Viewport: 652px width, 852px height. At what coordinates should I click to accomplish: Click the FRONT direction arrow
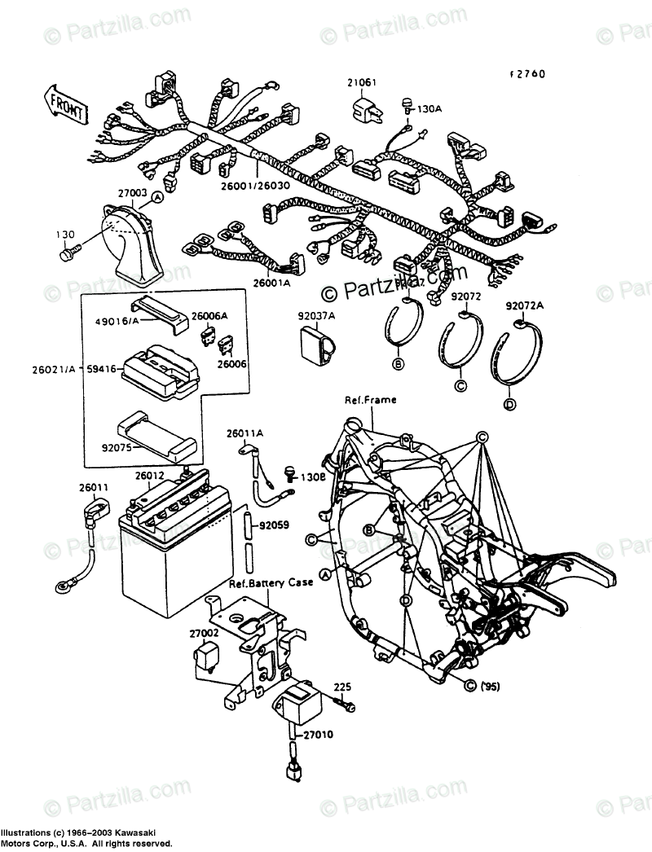click(x=63, y=101)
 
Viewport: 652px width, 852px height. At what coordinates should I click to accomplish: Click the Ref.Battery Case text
click(x=263, y=584)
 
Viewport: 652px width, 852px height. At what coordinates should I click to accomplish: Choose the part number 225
click(x=341, y=686)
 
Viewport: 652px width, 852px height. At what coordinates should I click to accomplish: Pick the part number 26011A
click(x=244, y=434)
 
